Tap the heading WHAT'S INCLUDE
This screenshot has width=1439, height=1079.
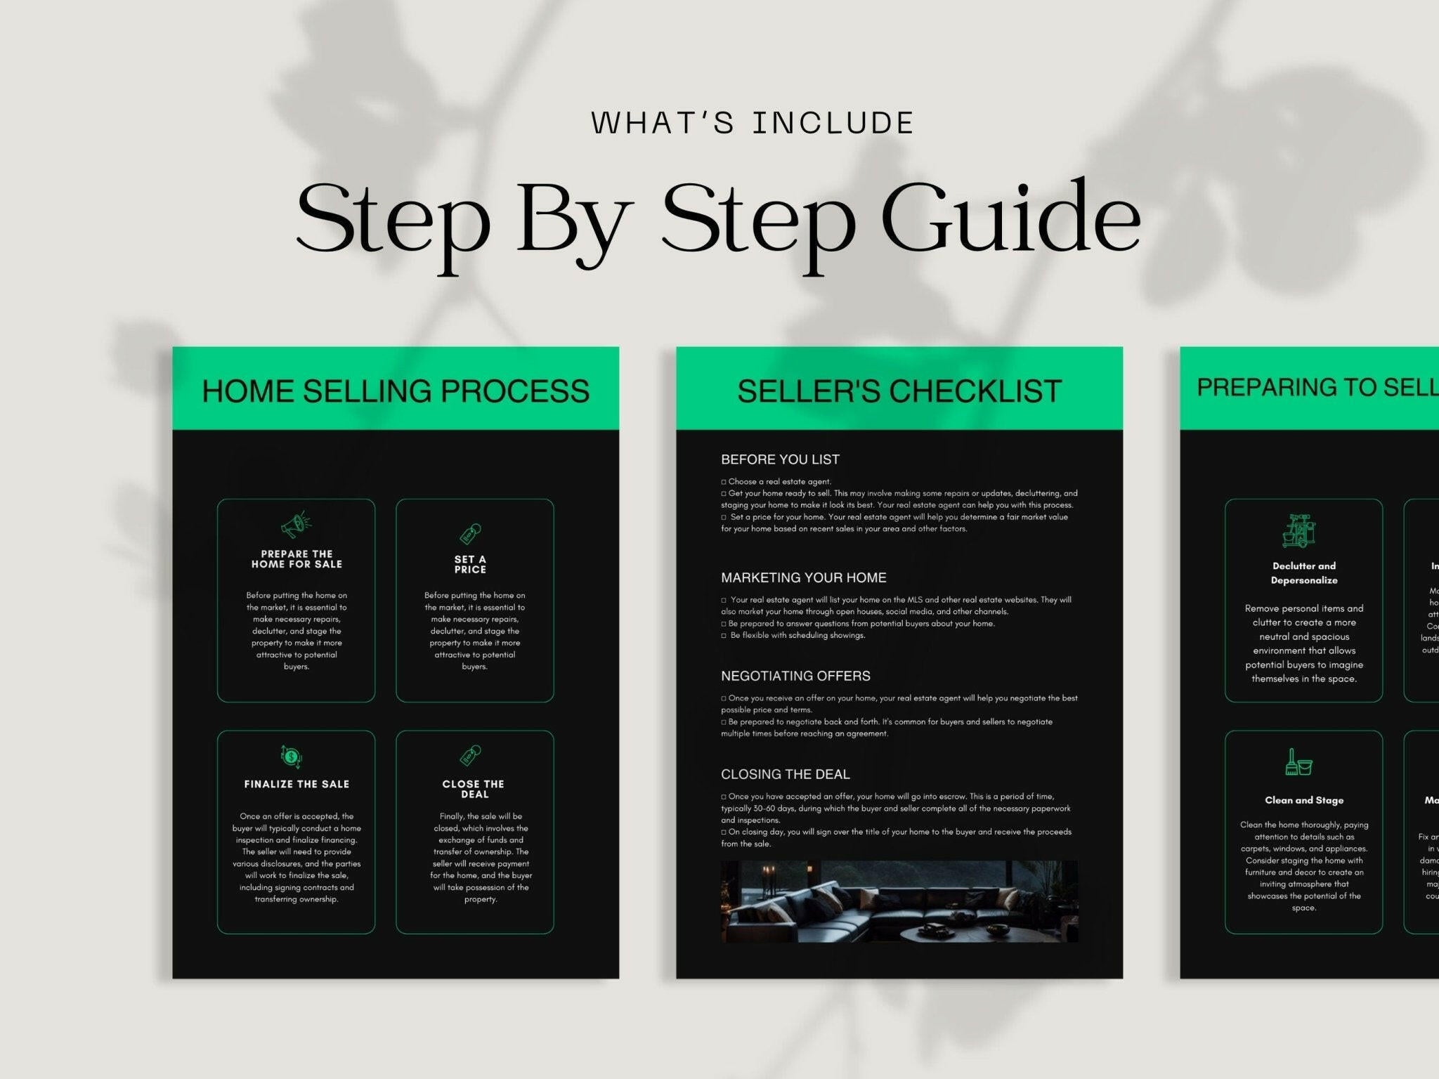pos(752,123)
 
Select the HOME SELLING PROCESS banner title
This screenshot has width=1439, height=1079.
pos(396,391)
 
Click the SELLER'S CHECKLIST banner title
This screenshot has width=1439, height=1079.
pos(899,391)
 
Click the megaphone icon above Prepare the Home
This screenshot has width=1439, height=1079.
pos(296,525)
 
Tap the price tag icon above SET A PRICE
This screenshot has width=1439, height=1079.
pos(470,534)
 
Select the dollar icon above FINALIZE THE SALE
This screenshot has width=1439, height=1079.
pos(291,757)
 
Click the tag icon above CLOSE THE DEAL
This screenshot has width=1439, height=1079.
pos(470,756)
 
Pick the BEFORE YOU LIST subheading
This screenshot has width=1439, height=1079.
pos(780,459)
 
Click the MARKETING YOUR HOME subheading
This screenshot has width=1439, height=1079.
pos(803,577)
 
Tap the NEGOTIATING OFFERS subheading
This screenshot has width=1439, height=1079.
pos(795,676)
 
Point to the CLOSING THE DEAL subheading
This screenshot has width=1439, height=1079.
pos(785,774)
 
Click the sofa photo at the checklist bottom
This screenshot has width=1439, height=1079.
pos(899,901)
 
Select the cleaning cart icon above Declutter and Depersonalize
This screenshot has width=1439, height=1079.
pos(1298,530)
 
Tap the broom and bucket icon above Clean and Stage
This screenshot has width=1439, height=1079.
pos(1298,762)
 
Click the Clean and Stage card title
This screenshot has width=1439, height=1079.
pos(1303,800)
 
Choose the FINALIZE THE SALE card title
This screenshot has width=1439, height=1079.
pos(297,784)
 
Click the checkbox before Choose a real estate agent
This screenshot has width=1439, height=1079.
pos(724,482)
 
